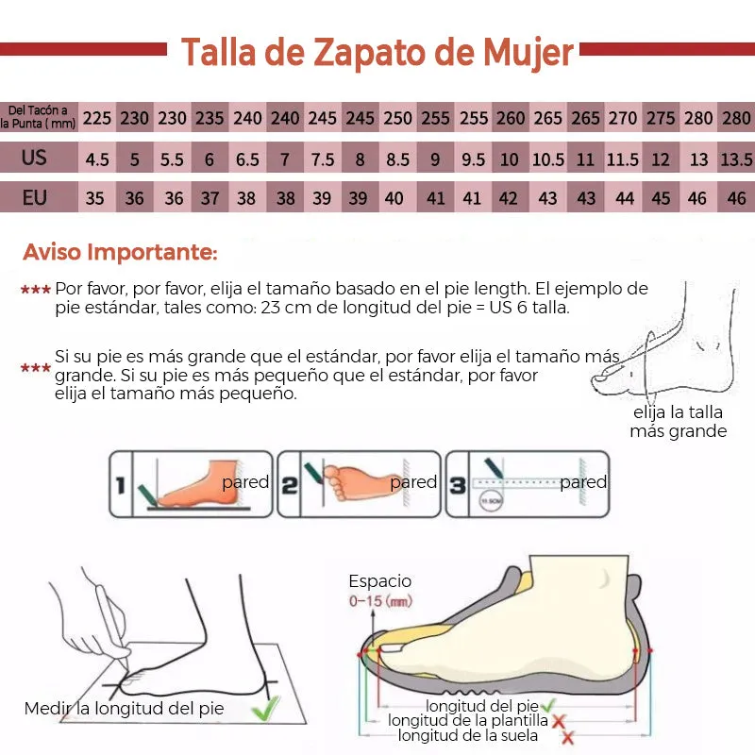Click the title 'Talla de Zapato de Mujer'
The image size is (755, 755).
(377, 53)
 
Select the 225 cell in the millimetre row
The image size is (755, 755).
(97, 118)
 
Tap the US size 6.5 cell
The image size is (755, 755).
(247, 159)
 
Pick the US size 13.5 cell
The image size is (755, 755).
(736, 159)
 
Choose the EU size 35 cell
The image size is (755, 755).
(95, 198)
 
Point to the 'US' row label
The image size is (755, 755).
(35, 158)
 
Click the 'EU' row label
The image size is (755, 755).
(35, 197)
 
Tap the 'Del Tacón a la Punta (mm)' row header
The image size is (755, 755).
(38, 117)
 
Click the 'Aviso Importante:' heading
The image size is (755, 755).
(120, 252)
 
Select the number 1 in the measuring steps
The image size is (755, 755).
(120, 486)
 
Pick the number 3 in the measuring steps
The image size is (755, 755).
(458, 486)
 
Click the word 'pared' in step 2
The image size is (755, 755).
(413, 482)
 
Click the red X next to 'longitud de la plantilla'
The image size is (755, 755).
(559, 721)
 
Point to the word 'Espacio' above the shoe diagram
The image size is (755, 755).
(380, 581)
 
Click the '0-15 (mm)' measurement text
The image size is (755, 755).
(380, 600)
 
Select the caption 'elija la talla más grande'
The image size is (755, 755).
(678, 422)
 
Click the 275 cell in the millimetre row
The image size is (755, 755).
(661, 118)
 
